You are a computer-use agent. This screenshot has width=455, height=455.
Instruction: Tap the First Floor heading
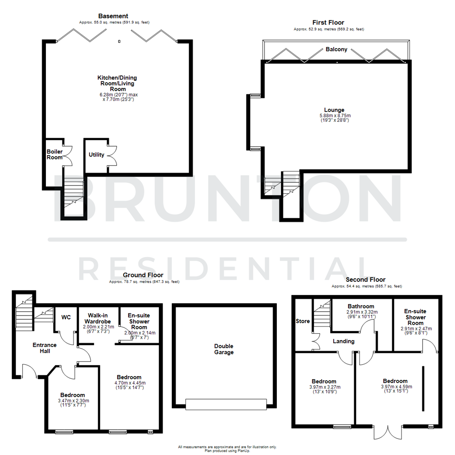click(328, 22)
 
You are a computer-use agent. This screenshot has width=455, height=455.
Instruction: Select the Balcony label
click(337, 49)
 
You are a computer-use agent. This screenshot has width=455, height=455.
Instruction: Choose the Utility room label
click(96, 155)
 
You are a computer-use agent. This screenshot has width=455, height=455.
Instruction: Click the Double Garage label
click(223, 349)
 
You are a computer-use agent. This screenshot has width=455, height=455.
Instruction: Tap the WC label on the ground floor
click(66, 317)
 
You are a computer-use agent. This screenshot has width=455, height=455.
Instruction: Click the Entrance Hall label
click(45, 348)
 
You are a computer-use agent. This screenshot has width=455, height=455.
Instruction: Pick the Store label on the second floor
click(302, 321)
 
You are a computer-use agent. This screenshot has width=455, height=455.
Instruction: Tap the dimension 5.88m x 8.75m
click(336, 115)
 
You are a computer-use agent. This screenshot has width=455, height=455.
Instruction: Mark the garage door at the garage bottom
click(226, 404)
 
